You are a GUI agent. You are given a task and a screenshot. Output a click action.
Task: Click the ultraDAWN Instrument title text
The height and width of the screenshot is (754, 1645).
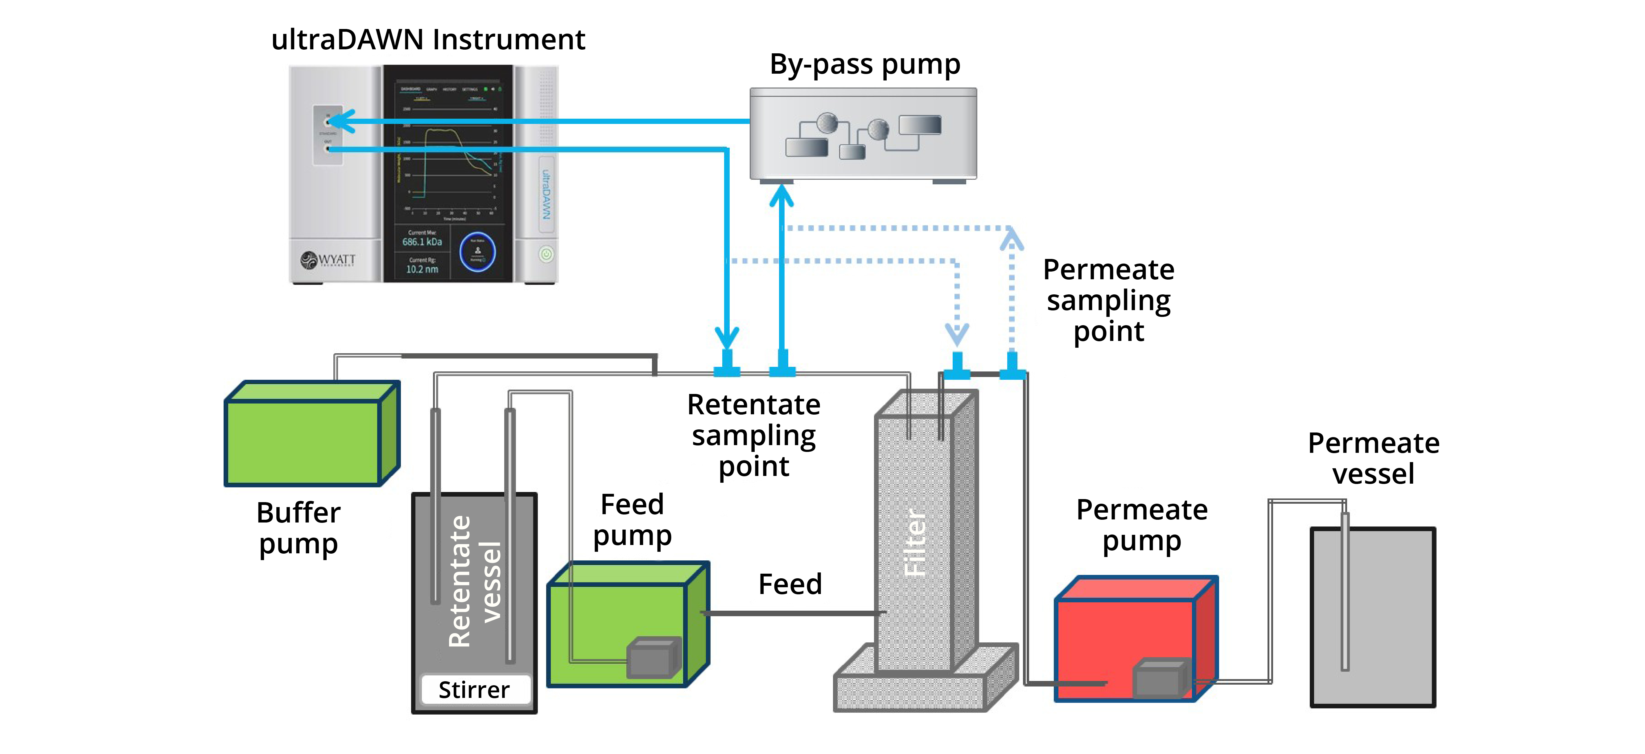pos(428,39)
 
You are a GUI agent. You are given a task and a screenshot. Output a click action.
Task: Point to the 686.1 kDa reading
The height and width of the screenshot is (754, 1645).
pos(422,242)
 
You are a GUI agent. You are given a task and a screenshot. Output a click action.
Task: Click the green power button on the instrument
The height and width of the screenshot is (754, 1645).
pos(546,254)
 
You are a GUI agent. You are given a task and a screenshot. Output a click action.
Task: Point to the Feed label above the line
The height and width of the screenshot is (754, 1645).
pos(790,584)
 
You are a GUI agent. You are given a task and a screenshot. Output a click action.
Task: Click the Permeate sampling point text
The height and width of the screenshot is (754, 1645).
pos(1109,300)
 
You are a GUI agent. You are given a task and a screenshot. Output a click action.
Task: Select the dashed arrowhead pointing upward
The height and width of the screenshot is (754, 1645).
pos(1012,240)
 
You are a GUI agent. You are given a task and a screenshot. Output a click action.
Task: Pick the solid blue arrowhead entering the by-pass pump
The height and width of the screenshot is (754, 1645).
pos(781,195)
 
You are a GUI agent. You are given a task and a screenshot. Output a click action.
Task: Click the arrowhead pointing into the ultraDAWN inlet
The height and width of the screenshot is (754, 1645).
pos(342,121)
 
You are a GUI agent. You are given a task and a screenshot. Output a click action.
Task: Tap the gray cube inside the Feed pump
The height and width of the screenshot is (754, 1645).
pos(653,658)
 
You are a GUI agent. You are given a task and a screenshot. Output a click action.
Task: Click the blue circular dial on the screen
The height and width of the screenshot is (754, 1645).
pos(478,252)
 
